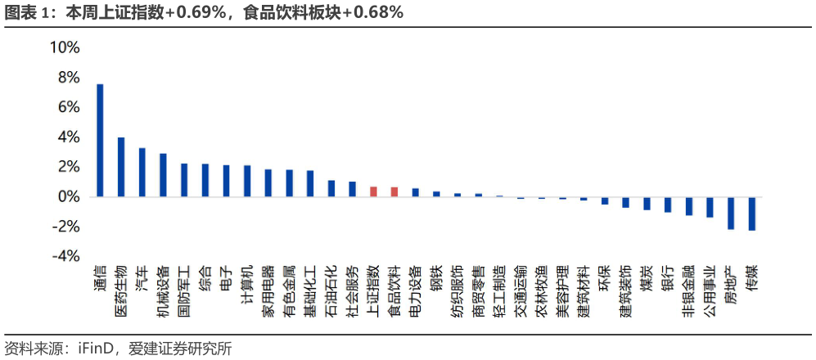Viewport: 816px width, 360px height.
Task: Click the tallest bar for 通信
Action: pos(100,140)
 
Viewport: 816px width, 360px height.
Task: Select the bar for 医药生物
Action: pos(121,167)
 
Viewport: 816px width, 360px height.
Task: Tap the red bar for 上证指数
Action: pos(373,191)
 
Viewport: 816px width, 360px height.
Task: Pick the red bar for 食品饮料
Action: pos(394,192)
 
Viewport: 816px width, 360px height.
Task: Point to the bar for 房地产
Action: pos(731,213)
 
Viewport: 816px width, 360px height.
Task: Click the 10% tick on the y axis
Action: pos(65,47)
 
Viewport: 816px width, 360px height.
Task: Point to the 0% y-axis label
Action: pos(69,196)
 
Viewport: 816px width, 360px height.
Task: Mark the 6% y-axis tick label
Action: pos(69,107)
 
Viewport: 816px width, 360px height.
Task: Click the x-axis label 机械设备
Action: pos(164,290)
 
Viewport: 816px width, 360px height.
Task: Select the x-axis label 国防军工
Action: pos(184,290)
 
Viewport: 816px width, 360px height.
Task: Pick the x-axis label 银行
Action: pos(668,278)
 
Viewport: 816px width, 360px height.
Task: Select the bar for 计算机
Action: pos(247,181)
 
